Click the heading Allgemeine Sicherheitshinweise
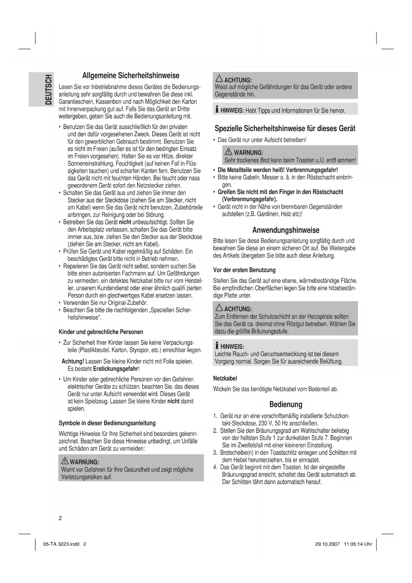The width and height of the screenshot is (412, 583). click(x=130, y=75)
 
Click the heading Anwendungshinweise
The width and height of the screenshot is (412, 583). click(x=286, y=230)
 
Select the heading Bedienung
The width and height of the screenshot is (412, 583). click(x=286, y=405)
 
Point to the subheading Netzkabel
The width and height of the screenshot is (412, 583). click(x=225, y=378)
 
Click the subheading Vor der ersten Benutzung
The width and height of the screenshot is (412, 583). click(x=244, y=270)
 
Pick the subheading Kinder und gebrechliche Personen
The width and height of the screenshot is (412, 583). click(x=101, y=332)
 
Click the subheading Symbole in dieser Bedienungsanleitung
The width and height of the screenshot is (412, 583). click(x=107, y=423)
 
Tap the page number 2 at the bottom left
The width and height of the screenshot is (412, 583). click(x=60, y=518)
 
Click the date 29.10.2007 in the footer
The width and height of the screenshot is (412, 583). click(x=327, y=544)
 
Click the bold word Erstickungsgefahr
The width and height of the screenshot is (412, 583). click(x=116, y=369)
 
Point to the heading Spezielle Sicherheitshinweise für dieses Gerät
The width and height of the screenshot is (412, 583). click(x=285, y=128)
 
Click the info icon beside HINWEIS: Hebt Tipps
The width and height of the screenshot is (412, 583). click(x=217, y=110)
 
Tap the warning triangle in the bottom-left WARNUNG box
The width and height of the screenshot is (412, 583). click(x=65, y=461)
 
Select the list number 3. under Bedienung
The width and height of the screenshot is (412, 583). click(x=215, y=453)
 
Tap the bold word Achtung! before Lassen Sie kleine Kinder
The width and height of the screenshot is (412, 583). click(x=73, y=361)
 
